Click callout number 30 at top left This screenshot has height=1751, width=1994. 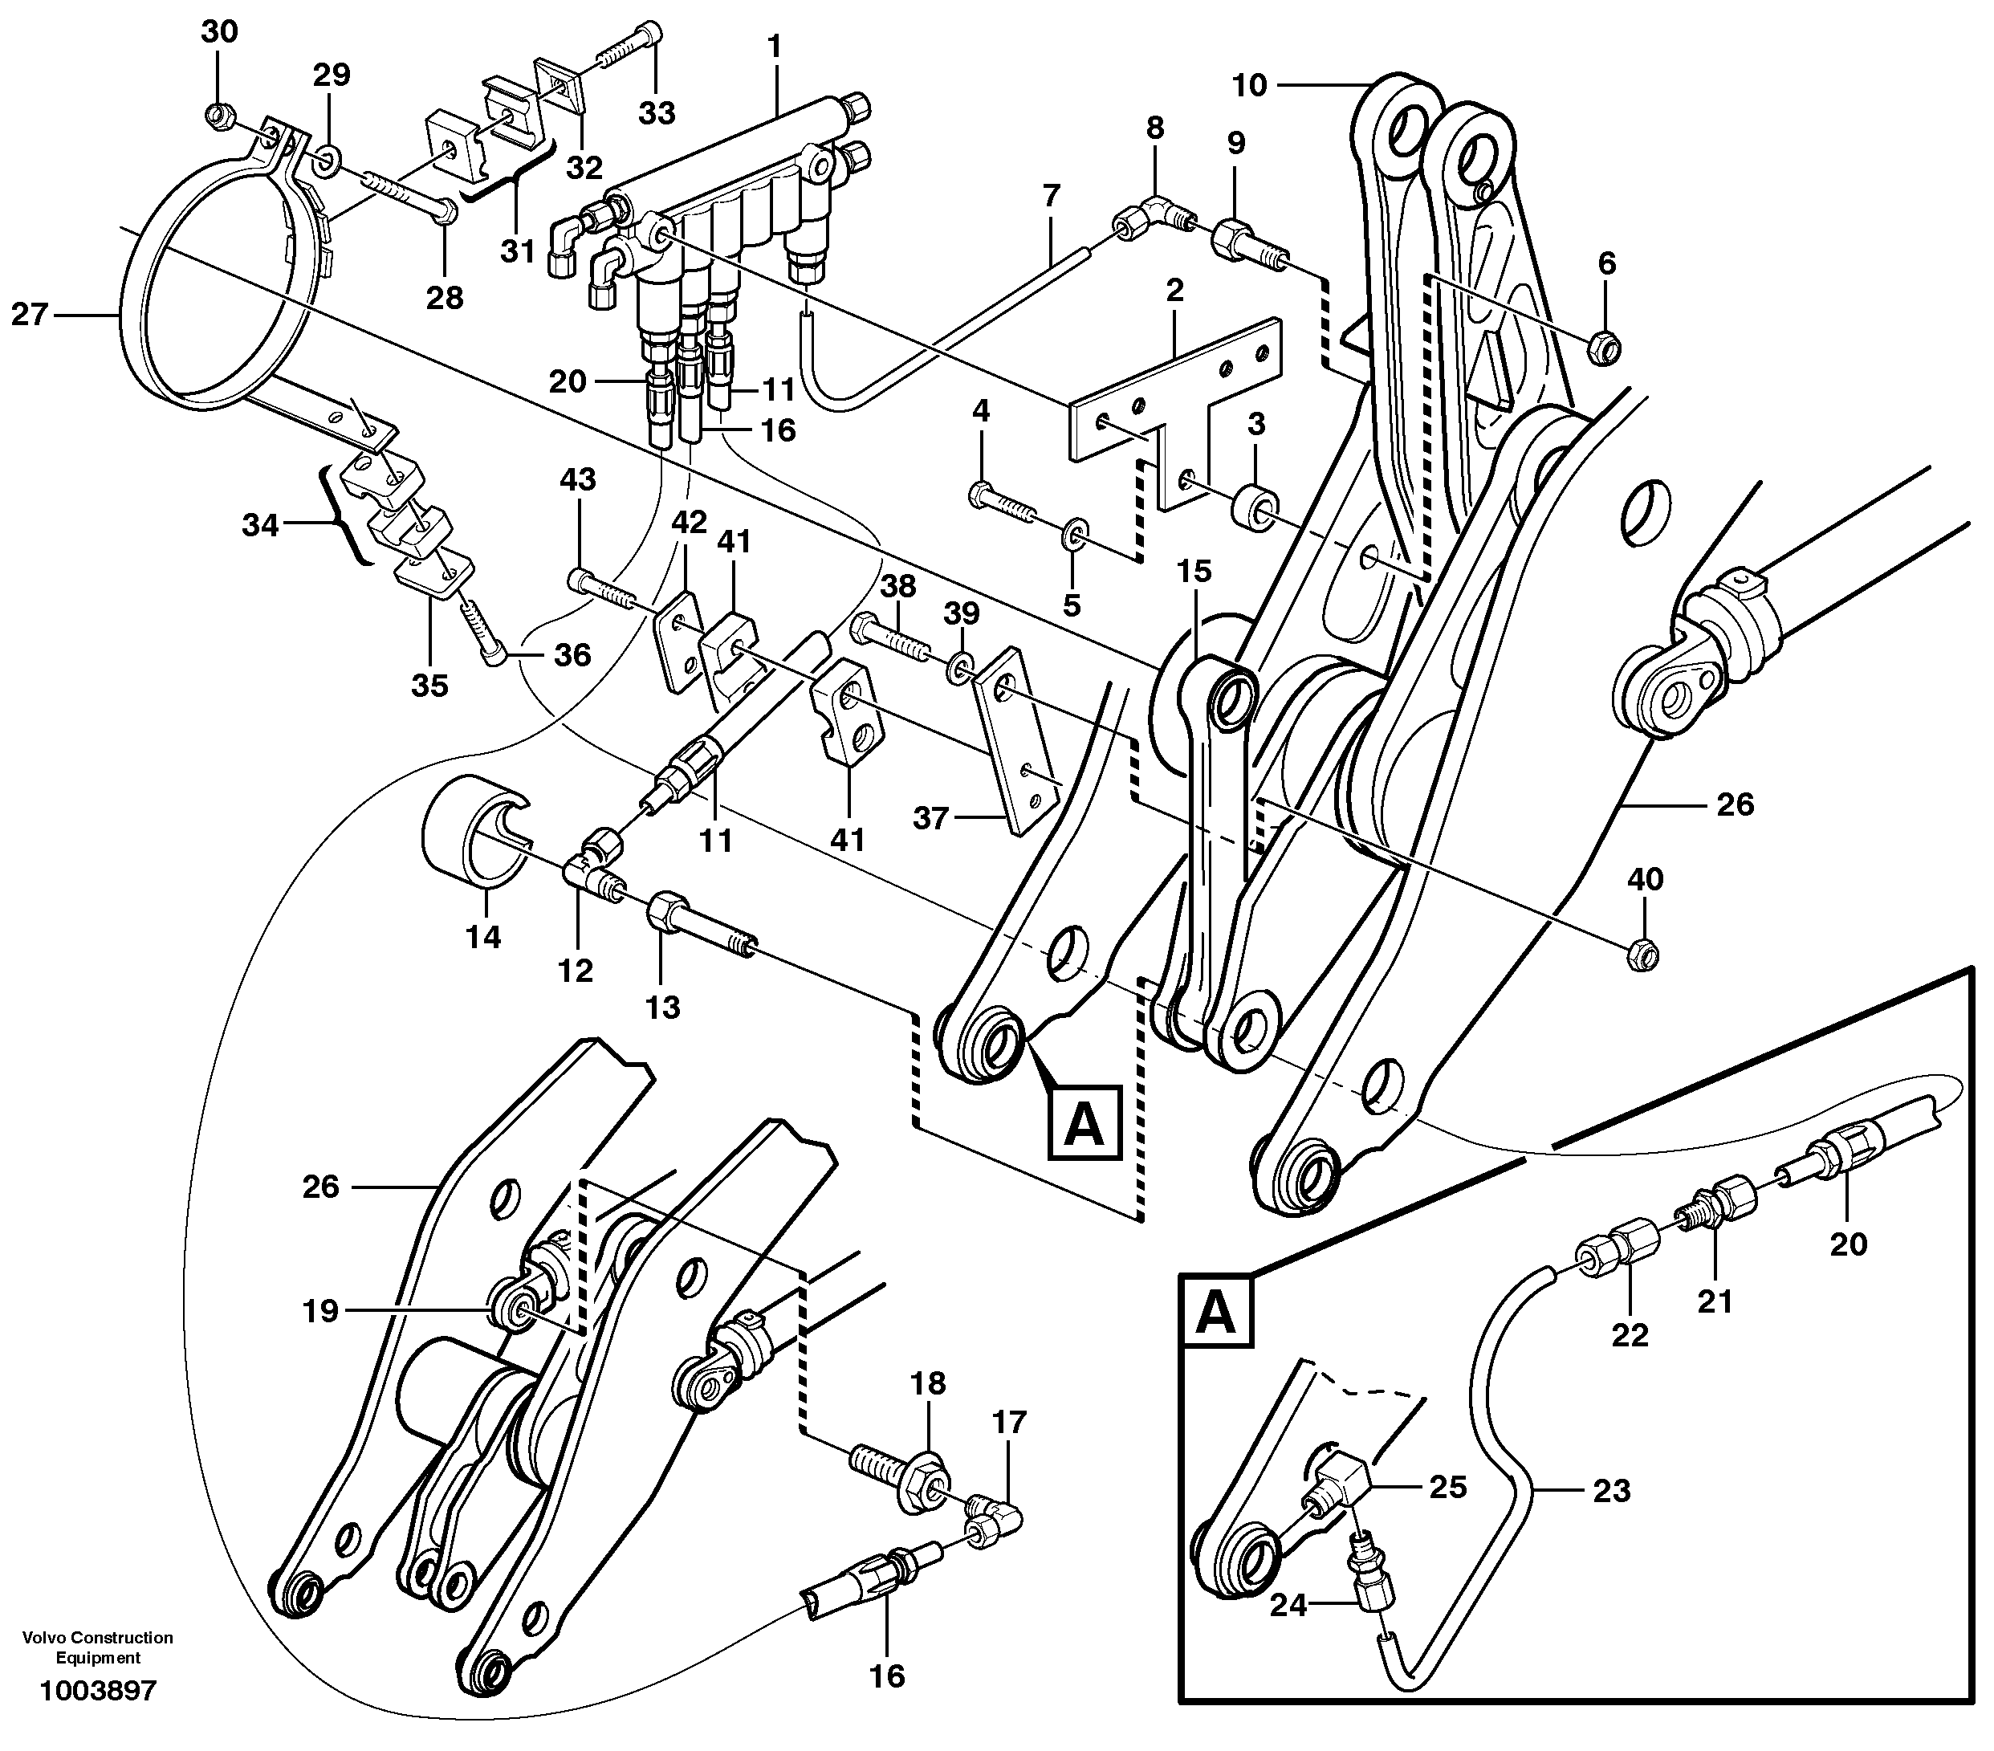[x=218, y=32]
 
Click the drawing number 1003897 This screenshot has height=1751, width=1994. [x=98, y=1691]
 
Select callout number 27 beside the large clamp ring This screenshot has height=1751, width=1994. [x=29, y=314]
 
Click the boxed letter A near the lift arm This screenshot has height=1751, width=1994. [x=1084, y=1125]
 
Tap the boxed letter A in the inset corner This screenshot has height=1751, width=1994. [x=1215, y=1312]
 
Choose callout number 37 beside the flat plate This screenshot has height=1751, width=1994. [x=930, y=817]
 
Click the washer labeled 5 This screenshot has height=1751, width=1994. [x=1073, y=531]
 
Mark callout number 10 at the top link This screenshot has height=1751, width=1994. [x=1249, y=86]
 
